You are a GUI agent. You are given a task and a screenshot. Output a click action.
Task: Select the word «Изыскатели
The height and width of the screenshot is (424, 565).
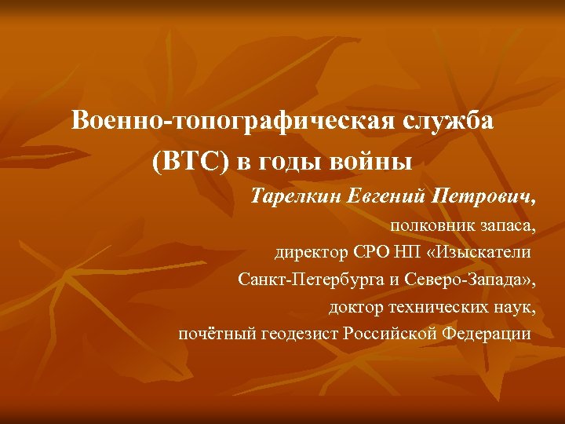click(x=478, y=253)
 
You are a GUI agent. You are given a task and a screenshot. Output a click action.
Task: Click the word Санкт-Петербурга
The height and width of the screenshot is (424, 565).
click(x=308, y=280)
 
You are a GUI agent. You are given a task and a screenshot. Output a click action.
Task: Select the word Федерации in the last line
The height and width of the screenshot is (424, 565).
click(x=487, y=333)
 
